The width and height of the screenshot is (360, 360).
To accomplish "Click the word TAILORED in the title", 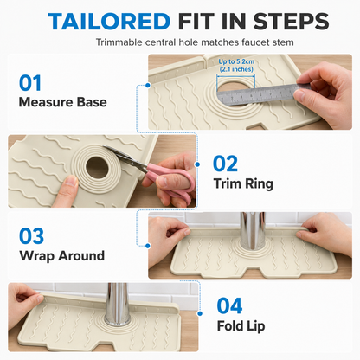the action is [x=109, y=22].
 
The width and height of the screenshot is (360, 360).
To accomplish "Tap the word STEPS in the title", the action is [x=292, y=22].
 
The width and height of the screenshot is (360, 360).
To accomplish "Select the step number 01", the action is [x=30, y=83].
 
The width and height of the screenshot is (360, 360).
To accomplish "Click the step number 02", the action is [x=225, y=164].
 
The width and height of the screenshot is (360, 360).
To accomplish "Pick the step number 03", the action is [x=31, y=236].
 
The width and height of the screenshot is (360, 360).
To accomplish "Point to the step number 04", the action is [x=229, y=305].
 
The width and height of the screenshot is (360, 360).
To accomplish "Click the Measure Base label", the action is [x=63, y=102].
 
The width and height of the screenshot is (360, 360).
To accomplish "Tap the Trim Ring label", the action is [x=243, y=183].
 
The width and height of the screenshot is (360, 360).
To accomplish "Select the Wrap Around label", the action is [x=62, y=256].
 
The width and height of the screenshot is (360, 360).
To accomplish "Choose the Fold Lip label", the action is [x=241, y=326].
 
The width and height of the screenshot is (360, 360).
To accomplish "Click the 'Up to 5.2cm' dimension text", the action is [x=236, y=61].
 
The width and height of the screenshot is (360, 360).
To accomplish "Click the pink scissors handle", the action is [x=173, y=183].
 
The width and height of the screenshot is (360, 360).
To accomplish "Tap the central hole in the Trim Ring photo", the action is [x=97, y=167].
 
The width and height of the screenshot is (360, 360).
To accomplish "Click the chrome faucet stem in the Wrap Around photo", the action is [x=253, y=231].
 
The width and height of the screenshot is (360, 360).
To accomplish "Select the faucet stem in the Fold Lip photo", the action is [x=117, y=304].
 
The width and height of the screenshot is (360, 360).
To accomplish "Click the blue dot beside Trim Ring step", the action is [x=197, y=164].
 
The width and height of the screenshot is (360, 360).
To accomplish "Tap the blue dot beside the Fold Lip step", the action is [x=200, y=313].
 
